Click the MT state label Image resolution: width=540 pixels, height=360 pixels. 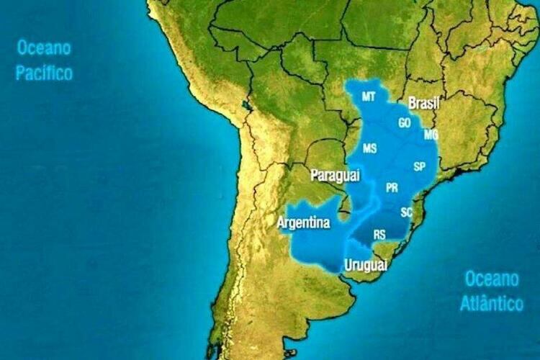click(x=369, y=96)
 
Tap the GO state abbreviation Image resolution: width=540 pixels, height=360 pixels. click(x=404, y=123)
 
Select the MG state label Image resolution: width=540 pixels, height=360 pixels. click(x=431, y=135)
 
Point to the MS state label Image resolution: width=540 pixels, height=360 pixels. click(x=369, y=148)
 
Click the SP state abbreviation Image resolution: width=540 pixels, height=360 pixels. click(x=420, y=166)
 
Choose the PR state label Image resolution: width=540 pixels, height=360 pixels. click(x=392, y=188)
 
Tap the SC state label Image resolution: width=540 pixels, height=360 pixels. click(x=407, y=212)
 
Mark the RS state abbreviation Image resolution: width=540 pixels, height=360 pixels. click(x=379, y=234)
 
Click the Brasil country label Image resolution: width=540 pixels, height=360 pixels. click(x=423, y=104)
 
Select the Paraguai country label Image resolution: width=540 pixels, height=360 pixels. click(x=336, y=175)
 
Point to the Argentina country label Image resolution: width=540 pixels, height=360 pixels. click(x=303, y=223)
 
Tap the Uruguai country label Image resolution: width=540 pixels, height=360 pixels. click(x=366, y=266)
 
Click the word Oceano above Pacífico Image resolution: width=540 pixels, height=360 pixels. click(x=45, y=49)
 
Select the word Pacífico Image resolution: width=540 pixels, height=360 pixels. click(x=45, y=73)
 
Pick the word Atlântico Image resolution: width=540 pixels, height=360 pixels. click(x=492, y=303)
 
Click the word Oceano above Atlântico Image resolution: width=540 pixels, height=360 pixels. click(x=492, y=279)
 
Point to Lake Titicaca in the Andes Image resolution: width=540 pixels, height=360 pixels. click(x=249, y=106)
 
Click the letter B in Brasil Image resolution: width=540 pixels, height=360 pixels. click(x=413, y=104)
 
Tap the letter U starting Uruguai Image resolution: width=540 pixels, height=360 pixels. click(x=349, y=265)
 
